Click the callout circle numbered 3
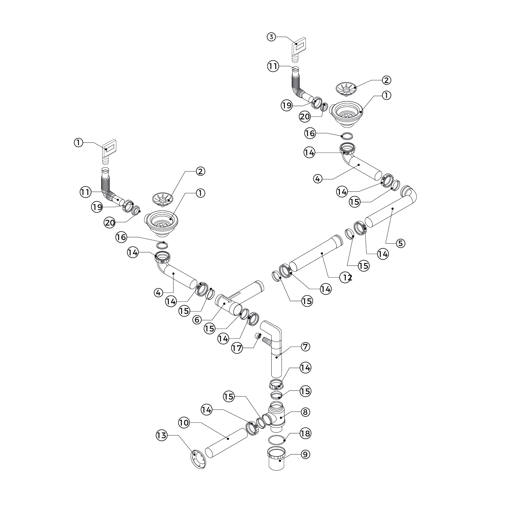pyautogui.click(x=271, y=37)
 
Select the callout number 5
pyautogui.click(x=400, y=243)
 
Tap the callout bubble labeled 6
pyautogui.click(x=197, y=320)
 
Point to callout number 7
pyautogui.click(x=305, y=347)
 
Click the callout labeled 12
pyautogui.click(x=345, y=277)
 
